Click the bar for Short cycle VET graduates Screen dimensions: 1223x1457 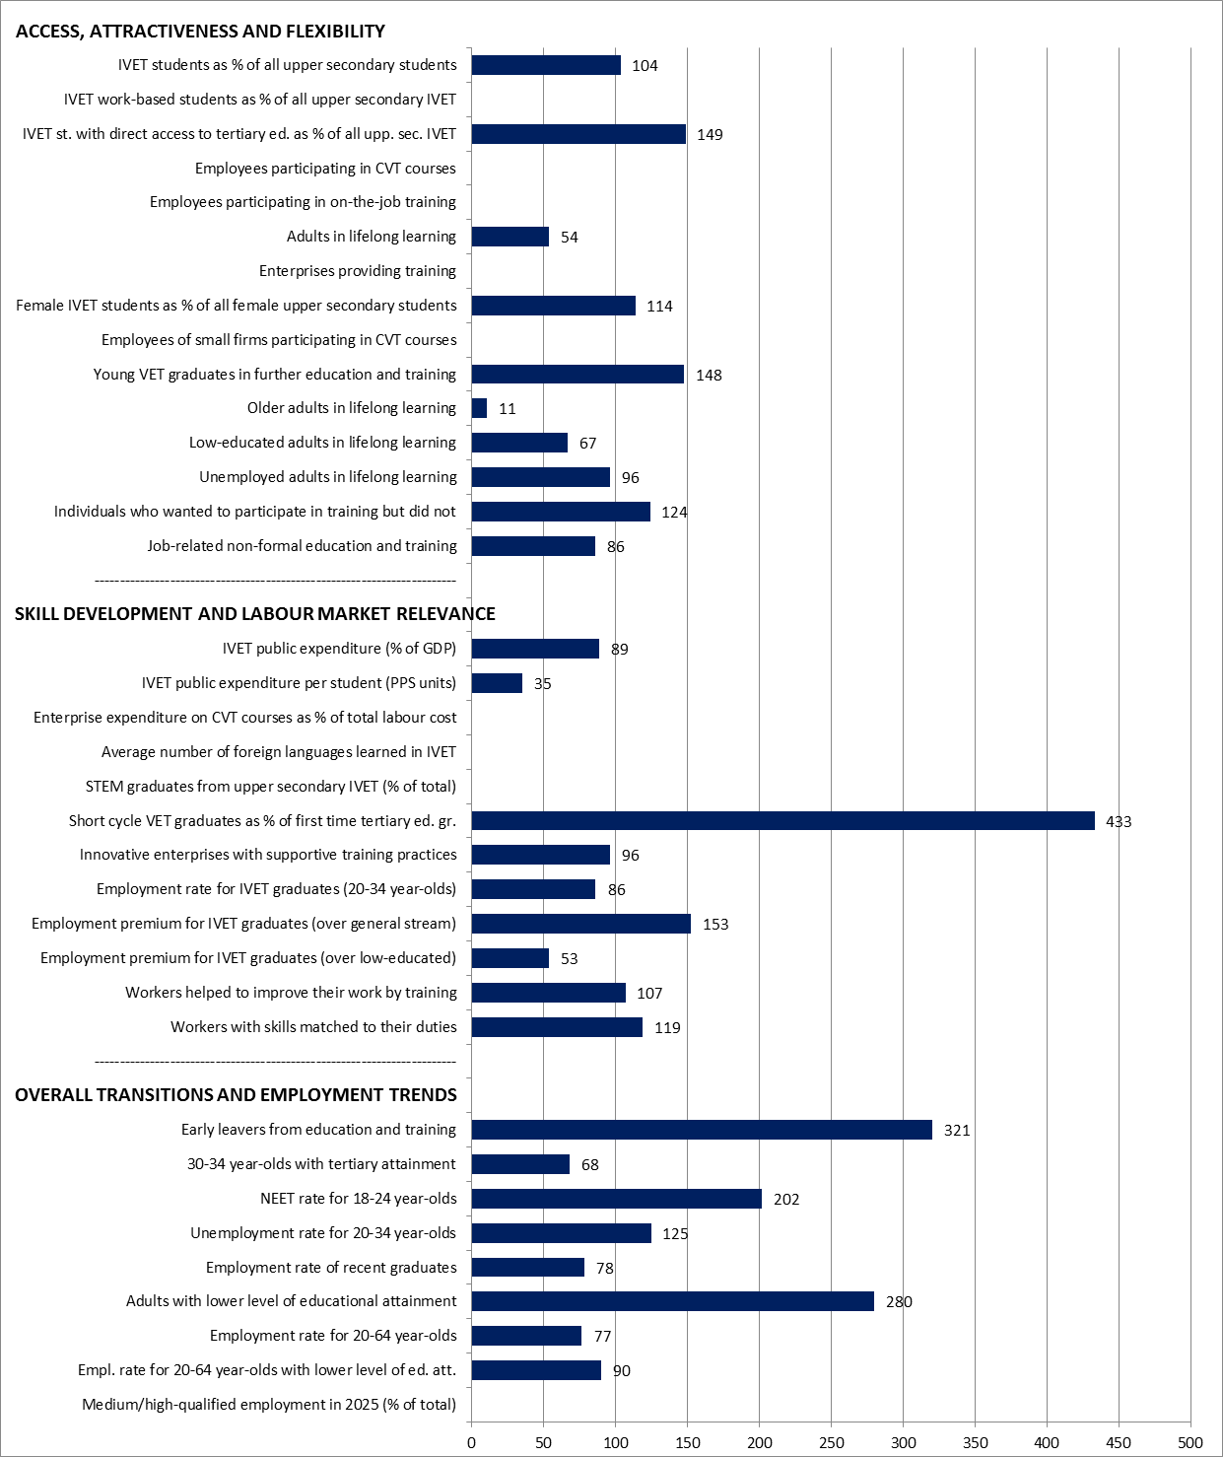(x=782, y=820)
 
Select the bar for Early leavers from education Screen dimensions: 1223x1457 (x=702, y=1130)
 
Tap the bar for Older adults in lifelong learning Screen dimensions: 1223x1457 (x=479, y=408)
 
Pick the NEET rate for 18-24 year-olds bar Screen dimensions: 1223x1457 (x=617, y=1199)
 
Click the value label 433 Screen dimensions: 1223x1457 (x=1119, y=822)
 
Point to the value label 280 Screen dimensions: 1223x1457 (x=899, y=1302)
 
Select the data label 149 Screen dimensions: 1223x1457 (x=710, y=135)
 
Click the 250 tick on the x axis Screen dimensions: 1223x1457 (x=831, y=1443)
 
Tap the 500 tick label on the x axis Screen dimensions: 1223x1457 (x=1190, y=1443)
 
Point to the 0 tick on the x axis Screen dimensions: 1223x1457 (x=472, y=1443)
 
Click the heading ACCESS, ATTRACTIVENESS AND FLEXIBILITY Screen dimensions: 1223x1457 (x=200, y=32)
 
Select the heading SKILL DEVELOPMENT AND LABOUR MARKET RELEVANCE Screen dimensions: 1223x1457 (x=255, y=614)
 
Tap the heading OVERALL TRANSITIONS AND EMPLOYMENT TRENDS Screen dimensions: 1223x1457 (x=236, y=1095)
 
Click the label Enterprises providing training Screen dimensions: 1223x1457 (x=357, y=271)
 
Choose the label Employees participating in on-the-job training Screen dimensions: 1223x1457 (x=303, y=202)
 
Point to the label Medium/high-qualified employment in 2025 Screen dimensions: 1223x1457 (x=269, y=1405)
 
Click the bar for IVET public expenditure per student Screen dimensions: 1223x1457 (x=497, y=683)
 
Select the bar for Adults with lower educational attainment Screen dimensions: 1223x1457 (x=672, y=1301)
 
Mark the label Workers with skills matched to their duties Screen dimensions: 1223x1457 (x=314, y=1027)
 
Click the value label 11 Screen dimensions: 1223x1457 (x=508, y=409)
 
